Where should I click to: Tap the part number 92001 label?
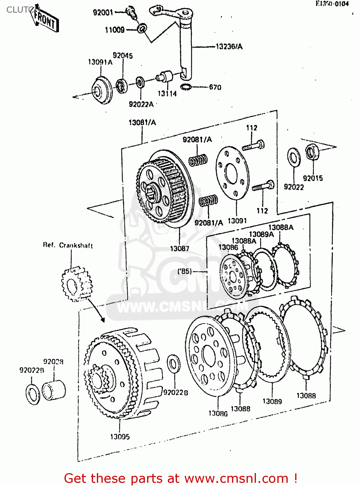[103, 13]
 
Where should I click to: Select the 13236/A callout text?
[229, 47]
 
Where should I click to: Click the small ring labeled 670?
[186, 87]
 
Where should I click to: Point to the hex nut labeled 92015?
[312, 152]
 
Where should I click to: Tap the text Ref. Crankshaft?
[68, 245]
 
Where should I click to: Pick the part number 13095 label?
[120, 437]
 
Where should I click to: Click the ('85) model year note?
[185, 271]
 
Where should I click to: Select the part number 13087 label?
[180, 249]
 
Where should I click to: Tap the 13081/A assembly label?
[142, 122]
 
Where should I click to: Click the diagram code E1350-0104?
[332, 4]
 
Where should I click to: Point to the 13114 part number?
[167, 94]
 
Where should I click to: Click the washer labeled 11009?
[142, 29]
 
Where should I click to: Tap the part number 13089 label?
[272, 401]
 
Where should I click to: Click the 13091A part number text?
[100, 62]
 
